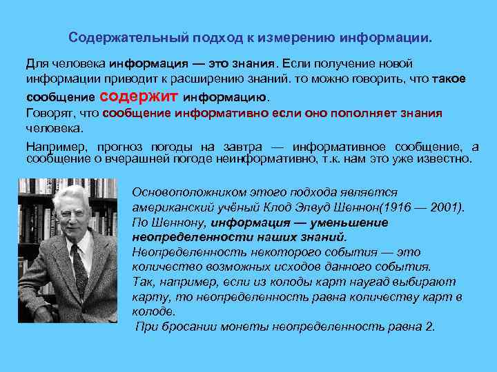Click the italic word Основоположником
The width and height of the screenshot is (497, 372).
(x=182, y=192)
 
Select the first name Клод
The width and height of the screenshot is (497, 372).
(x=281, y=207)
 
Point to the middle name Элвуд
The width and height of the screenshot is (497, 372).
(x=317, y=207)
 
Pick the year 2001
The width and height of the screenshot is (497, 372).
(x=445, y=207)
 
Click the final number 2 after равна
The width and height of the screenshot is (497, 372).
(x=431, y=327)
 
